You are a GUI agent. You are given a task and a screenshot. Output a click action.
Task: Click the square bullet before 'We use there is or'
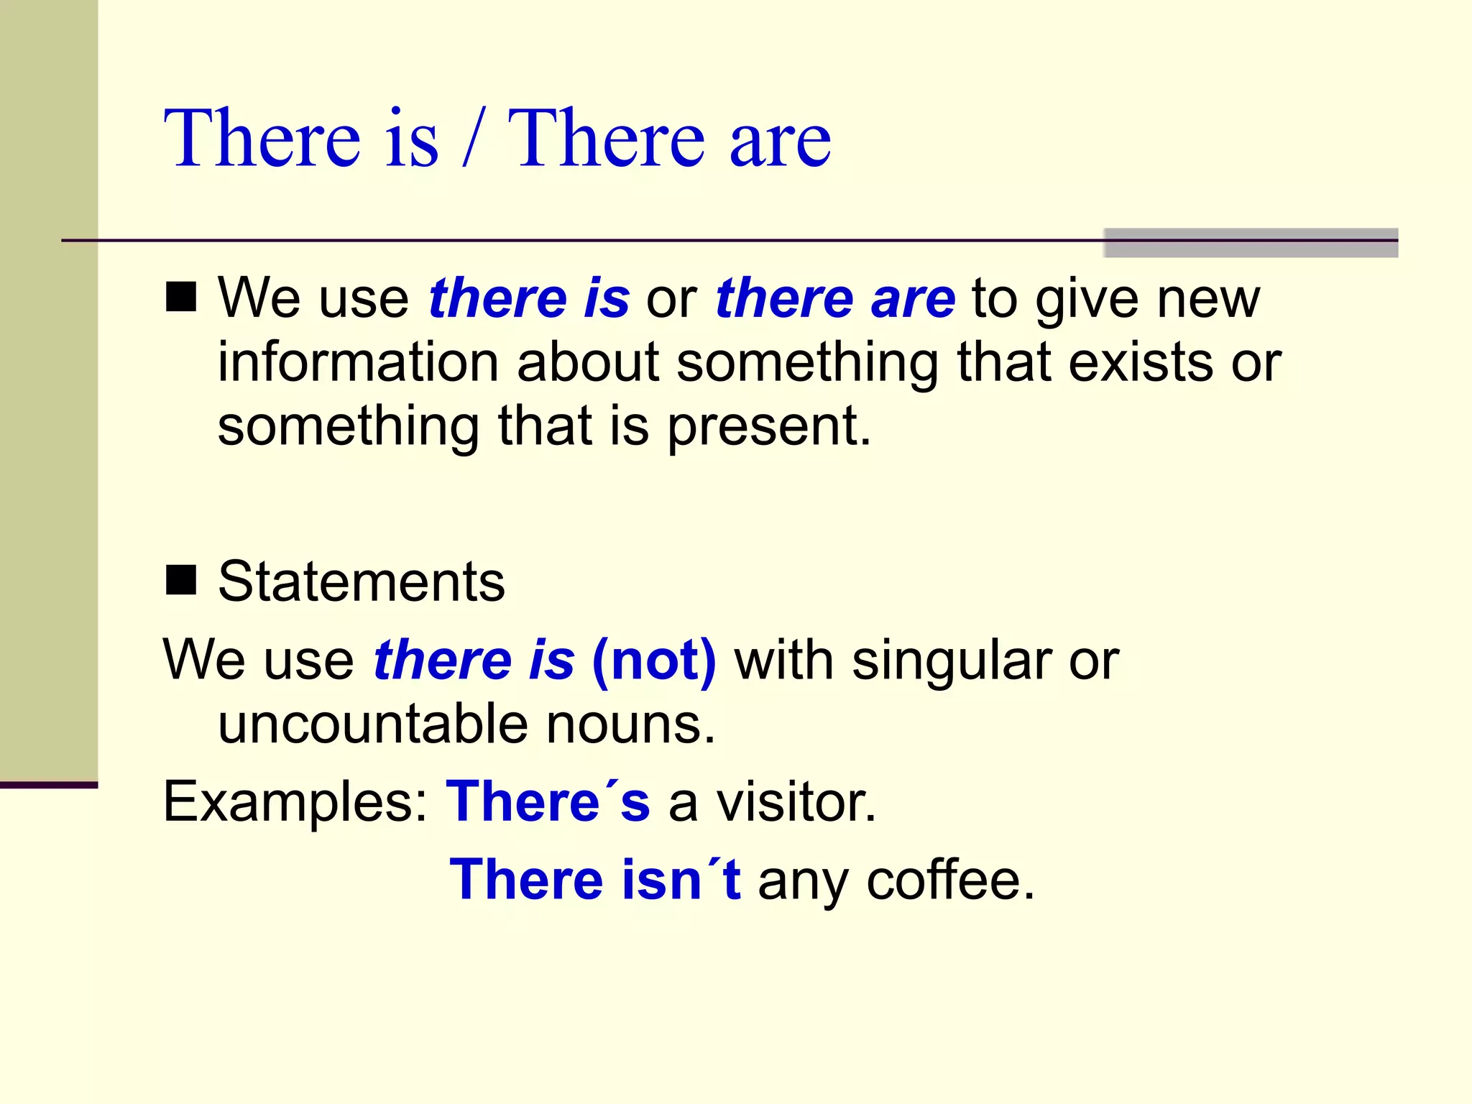click(x=180, y=296)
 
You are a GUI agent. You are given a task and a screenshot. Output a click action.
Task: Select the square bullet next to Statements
click(x=180, y=580)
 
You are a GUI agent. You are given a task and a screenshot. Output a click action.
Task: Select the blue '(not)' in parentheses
click(x=654, y=660)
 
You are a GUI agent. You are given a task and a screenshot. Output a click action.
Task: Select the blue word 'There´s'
click(x=548, y=801)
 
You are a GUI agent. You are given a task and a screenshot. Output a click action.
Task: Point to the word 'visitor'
click(x=796, y=801)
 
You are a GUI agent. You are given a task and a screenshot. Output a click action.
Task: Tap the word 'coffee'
click(x=950, y=880)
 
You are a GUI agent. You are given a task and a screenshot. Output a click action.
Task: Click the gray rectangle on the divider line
click(x=1250, y=242)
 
